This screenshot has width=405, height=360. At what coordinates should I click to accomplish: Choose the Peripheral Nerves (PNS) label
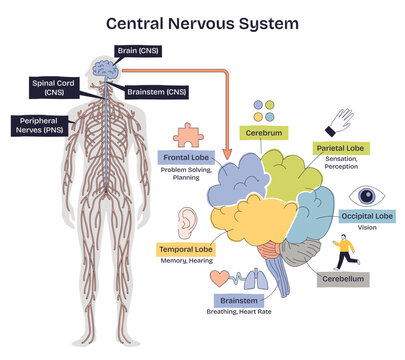tap(37, 126)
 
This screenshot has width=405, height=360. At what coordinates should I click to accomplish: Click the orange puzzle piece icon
tap(188, 135)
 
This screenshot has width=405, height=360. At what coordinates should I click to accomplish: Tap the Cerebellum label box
tap(338, 279)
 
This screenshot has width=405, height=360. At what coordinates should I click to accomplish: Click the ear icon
tap(187, 223)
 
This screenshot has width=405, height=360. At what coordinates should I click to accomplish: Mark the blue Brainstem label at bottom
tap(241, 299)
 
